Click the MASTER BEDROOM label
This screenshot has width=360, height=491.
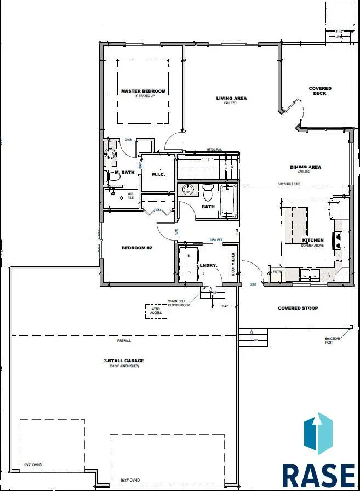tap(143, 91)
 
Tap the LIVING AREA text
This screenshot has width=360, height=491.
tap(231, 99)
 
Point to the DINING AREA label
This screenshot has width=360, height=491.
tap(305, 167)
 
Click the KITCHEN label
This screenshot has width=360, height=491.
tap(313, 240)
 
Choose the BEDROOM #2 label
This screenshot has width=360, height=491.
tap(136, 248)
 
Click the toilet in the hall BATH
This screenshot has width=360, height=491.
tap(208, 193)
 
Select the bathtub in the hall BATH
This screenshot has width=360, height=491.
tap(228, 201)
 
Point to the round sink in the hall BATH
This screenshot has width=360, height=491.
tap(189, 190)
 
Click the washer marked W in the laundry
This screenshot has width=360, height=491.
tap(189, 256)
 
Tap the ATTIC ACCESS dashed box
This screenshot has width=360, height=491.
tap(156, 311)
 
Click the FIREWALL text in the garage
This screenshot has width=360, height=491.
tap(124, 340)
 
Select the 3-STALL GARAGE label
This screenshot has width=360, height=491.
tap(124, 361)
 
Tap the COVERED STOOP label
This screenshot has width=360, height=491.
tap(298, 308)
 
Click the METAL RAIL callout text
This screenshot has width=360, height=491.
tap(214, 149)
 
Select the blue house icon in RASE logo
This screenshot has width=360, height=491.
tap(318, 437)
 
